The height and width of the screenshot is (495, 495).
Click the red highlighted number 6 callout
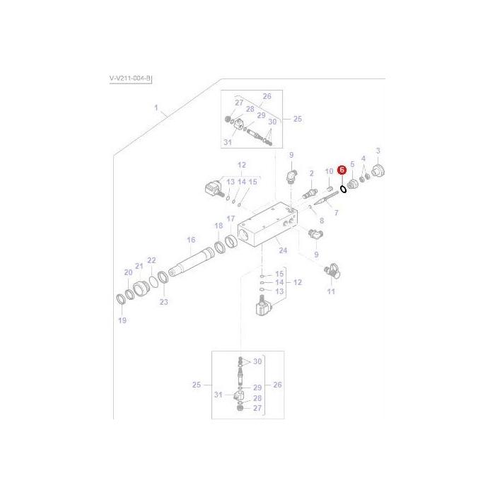pos(342,170)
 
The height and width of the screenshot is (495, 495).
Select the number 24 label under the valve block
pos(282,250)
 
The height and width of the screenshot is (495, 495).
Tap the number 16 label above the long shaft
pos(191,240)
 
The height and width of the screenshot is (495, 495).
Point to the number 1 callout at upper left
pos(157,110)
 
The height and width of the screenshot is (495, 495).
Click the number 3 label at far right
pos(378,151)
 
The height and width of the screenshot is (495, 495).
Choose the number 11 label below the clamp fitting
pos(331,291)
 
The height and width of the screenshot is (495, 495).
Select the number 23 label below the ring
pos(164,302)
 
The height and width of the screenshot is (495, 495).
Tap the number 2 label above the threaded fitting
pos(312,173)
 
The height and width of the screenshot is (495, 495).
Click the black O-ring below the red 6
pos(342,188)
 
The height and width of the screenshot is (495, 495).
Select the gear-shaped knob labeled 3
pos(378,170)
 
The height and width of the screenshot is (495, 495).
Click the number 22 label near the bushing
pos(151,261)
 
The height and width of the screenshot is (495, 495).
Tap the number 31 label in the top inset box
pos(227,142)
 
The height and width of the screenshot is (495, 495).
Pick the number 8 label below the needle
pos(321,221)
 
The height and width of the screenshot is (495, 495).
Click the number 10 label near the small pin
pos(329,172)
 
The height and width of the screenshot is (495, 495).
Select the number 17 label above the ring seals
pos(231,219)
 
